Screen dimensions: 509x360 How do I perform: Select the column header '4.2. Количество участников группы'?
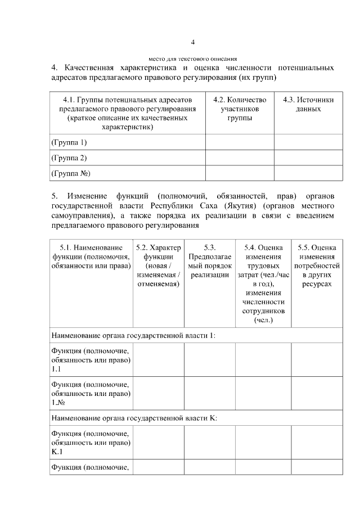coord(240,109)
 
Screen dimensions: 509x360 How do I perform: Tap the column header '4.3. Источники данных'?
coord(308,104)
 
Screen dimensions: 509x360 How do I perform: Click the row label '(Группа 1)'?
coord(69,142)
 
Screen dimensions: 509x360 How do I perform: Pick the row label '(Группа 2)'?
coord(69,158)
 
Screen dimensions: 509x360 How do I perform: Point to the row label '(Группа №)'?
coord(71,173)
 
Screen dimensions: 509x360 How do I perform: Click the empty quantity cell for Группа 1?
coord(240,142)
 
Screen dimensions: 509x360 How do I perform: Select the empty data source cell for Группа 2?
coord(308,158)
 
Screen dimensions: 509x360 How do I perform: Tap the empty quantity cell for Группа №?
coord(240,173)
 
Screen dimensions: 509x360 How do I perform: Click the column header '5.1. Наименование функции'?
coord(91,256)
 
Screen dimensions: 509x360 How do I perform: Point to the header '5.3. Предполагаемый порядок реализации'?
coord(210,261)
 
